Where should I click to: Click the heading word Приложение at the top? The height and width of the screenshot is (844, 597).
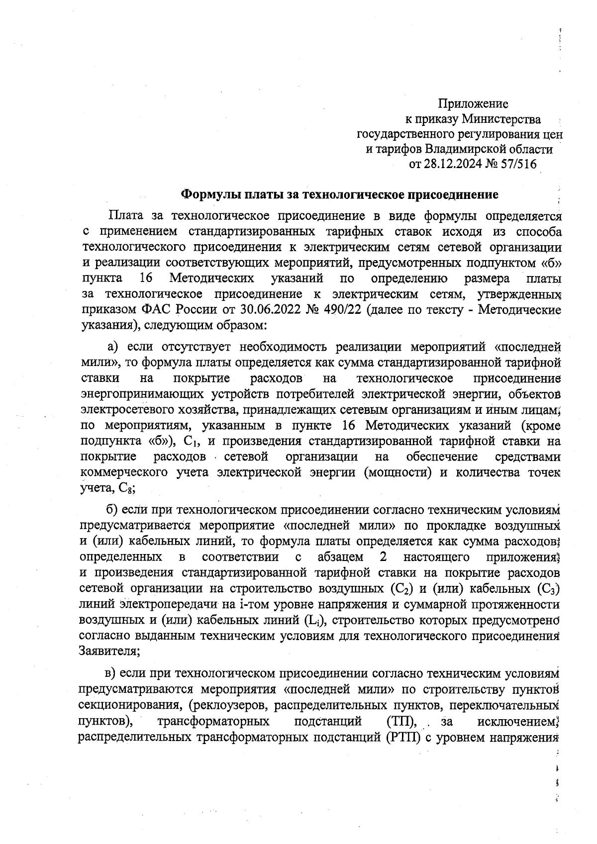click(x=473, y=104)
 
